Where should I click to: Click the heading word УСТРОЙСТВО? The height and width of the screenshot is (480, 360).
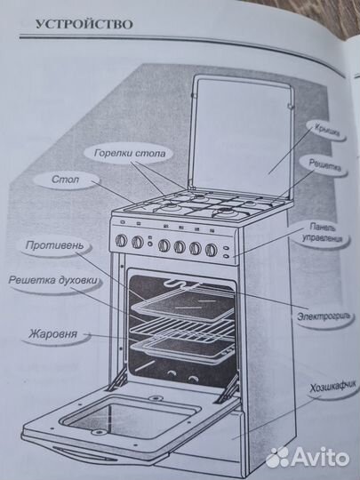pyautogui.click(x=84, y=23)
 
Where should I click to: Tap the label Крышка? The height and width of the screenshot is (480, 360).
pyautogui.click(x=323, y=127)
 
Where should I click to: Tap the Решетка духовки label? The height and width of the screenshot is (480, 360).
pyautogui.click(x=53, y=280)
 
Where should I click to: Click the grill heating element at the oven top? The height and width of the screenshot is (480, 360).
pyautogui.click(x=182, y=286)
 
